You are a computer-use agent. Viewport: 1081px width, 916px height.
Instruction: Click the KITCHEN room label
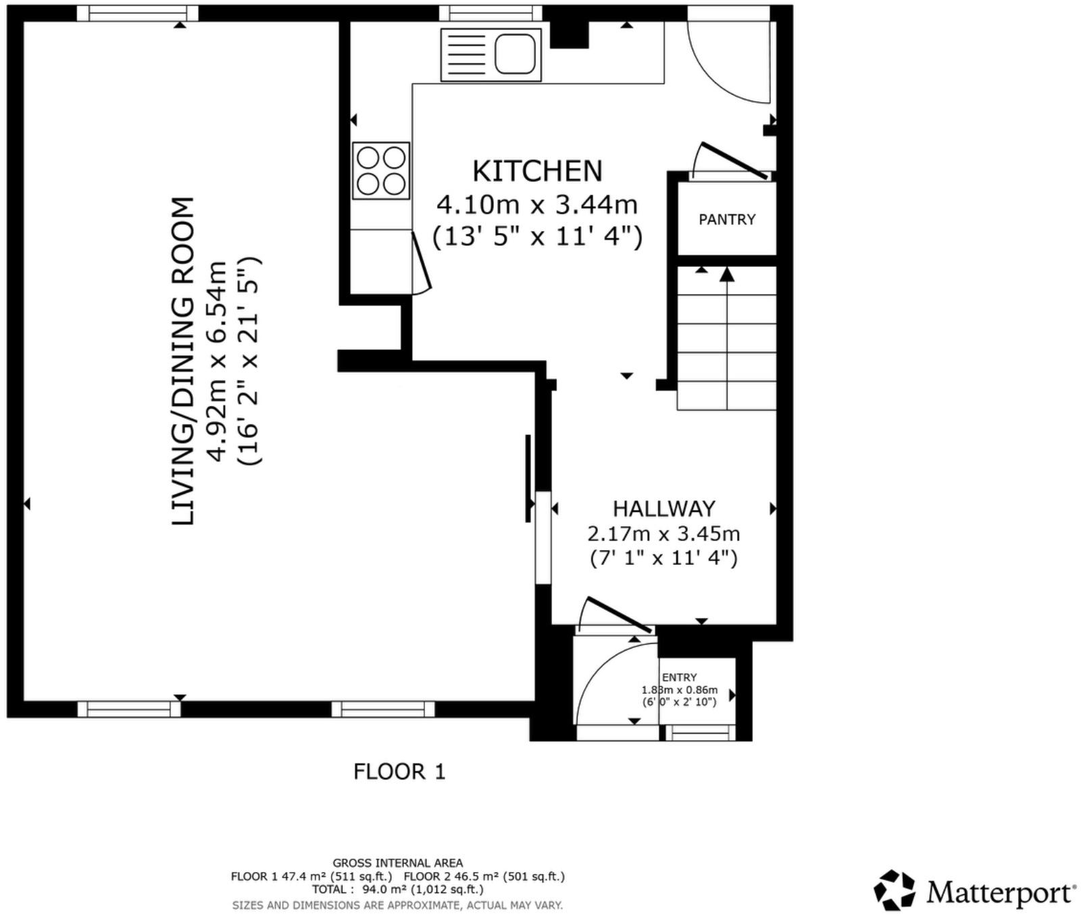pyautogui.click(x=537, y=172)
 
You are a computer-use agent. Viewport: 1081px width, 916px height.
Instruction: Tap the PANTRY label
pyautogui.click(x=727, y=220)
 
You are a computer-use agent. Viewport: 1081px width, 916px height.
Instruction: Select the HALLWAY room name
pyautogui.click(x=663, y=509)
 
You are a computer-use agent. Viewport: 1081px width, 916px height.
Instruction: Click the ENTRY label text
pyautogui.click(x=679, y=678)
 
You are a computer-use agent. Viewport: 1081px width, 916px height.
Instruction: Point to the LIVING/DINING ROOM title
pyautogui.click(x=183, y=361)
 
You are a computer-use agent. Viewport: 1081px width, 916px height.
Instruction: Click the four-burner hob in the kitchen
pyautogui.click(x=381, y=171)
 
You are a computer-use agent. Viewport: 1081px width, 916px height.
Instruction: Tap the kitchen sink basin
pyautogui.click(x=515, y=54)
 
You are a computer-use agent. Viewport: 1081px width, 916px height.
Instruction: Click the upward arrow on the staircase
pyautogui.click(x=727, y=276)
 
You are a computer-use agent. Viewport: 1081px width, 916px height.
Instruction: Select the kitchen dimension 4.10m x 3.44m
pyautogui.click(x=537, y=204)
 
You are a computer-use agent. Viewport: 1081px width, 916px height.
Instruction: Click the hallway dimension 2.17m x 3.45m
pyautogui.click(x=663, y=534)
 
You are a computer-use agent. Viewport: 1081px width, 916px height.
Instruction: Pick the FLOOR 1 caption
pyautogui.click(x=399, y=771)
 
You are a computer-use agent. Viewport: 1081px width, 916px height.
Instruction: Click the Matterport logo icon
pyautogui.click(x=895, y=890)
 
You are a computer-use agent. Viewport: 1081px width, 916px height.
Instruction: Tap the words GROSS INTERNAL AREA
pyautogui.click(x=397, y=863)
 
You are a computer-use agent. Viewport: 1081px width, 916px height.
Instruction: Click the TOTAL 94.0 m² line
pyautogui.click(x=397, y=890)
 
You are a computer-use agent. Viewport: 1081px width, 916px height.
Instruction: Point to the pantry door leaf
pyautogui.click(x=734, y=161)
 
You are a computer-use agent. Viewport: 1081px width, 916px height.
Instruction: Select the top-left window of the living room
pyautogui.click(x=137, y=13)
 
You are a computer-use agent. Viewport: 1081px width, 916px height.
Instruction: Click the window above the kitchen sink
pyautogui.click(x=491, y=13)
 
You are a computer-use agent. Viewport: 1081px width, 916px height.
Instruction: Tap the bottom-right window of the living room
pyautogui.click(x=383, y=709)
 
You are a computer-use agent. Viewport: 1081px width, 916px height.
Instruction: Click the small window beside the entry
pyautogui.click(x=700, y=733)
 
